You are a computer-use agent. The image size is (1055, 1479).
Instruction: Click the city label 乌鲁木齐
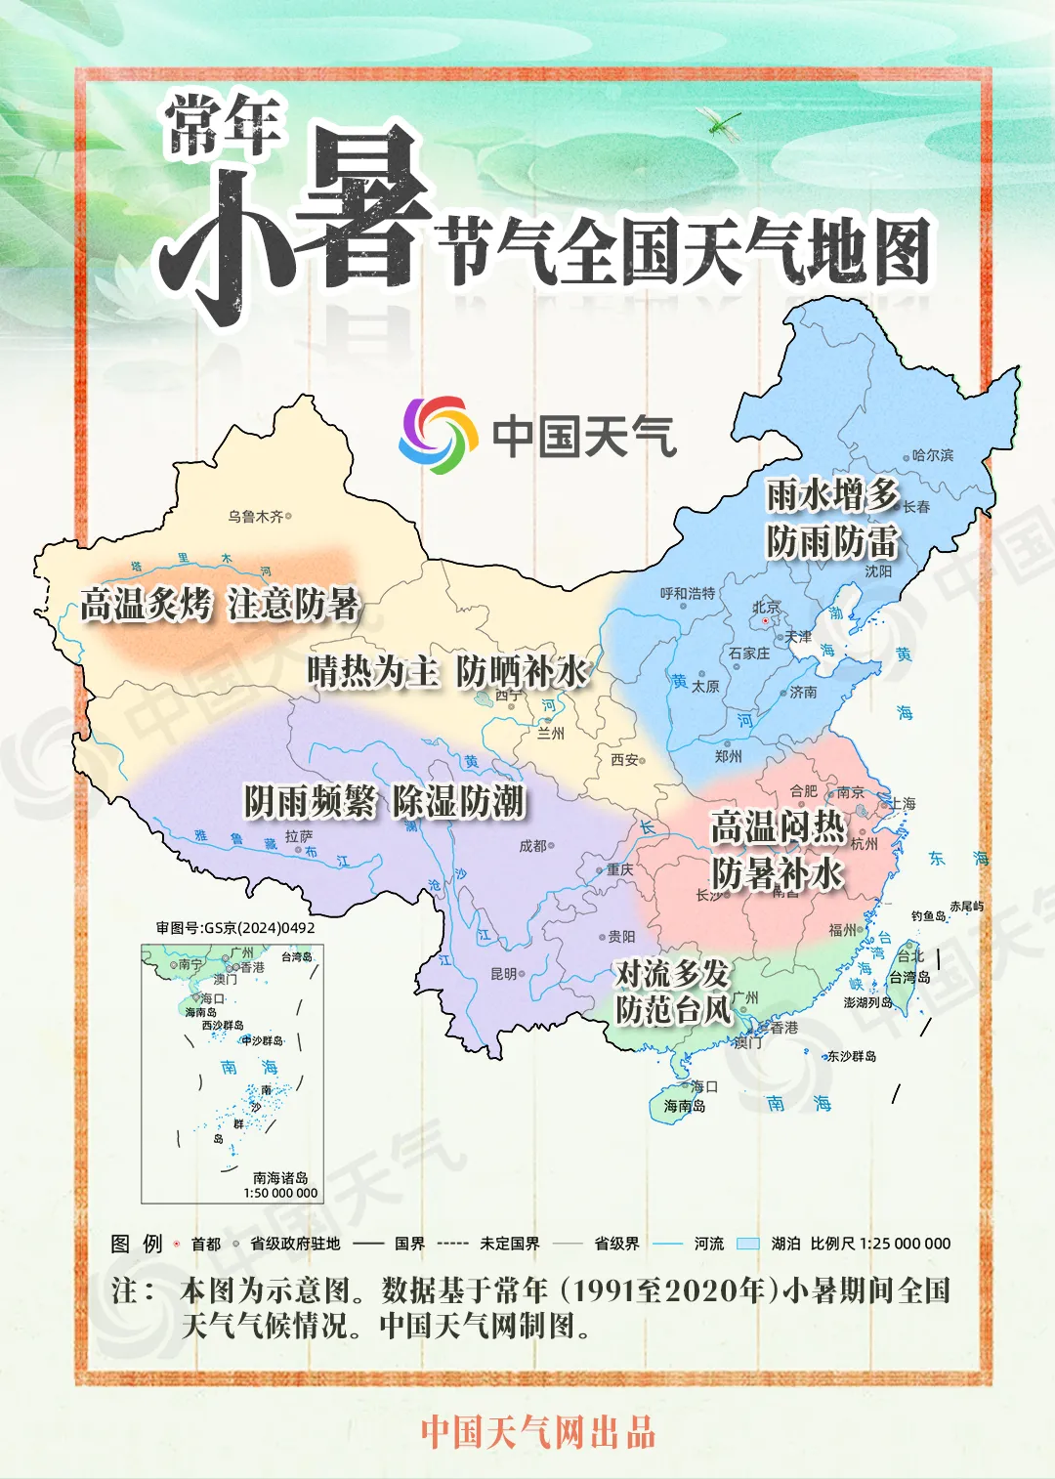pos(256,516)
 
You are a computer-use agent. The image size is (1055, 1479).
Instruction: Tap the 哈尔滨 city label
pos(933,455)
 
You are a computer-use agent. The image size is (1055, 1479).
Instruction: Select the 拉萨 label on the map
pos(299,836)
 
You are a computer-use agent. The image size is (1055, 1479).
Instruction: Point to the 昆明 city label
pos(504,974)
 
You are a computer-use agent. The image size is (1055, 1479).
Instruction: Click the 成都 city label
pos(533,846)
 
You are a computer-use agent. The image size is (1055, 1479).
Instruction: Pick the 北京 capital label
pos(767,608)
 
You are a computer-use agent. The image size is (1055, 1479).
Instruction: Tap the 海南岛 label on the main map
pos(685,1106)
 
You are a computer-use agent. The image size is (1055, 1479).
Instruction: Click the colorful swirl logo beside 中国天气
pos(438,436)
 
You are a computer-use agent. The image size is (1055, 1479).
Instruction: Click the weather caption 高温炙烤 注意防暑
pos(220,605)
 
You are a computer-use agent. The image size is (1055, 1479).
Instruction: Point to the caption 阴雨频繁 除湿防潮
pos(384,802)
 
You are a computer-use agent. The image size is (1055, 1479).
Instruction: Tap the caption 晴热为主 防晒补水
pos(447,671)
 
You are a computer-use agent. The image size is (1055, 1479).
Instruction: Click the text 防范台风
pos(673,1010)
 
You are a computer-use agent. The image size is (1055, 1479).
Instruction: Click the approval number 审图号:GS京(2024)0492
pos(235,927)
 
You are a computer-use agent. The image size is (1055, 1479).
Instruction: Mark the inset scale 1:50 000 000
pos(280,1193)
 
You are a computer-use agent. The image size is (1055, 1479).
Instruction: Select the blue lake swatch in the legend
pos(747,1244)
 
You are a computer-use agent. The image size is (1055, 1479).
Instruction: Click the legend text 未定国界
pos(509,1244)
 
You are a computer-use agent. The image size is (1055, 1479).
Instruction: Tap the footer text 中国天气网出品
pos(538,1432)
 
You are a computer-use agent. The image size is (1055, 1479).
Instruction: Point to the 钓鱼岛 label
pos(928,916)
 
